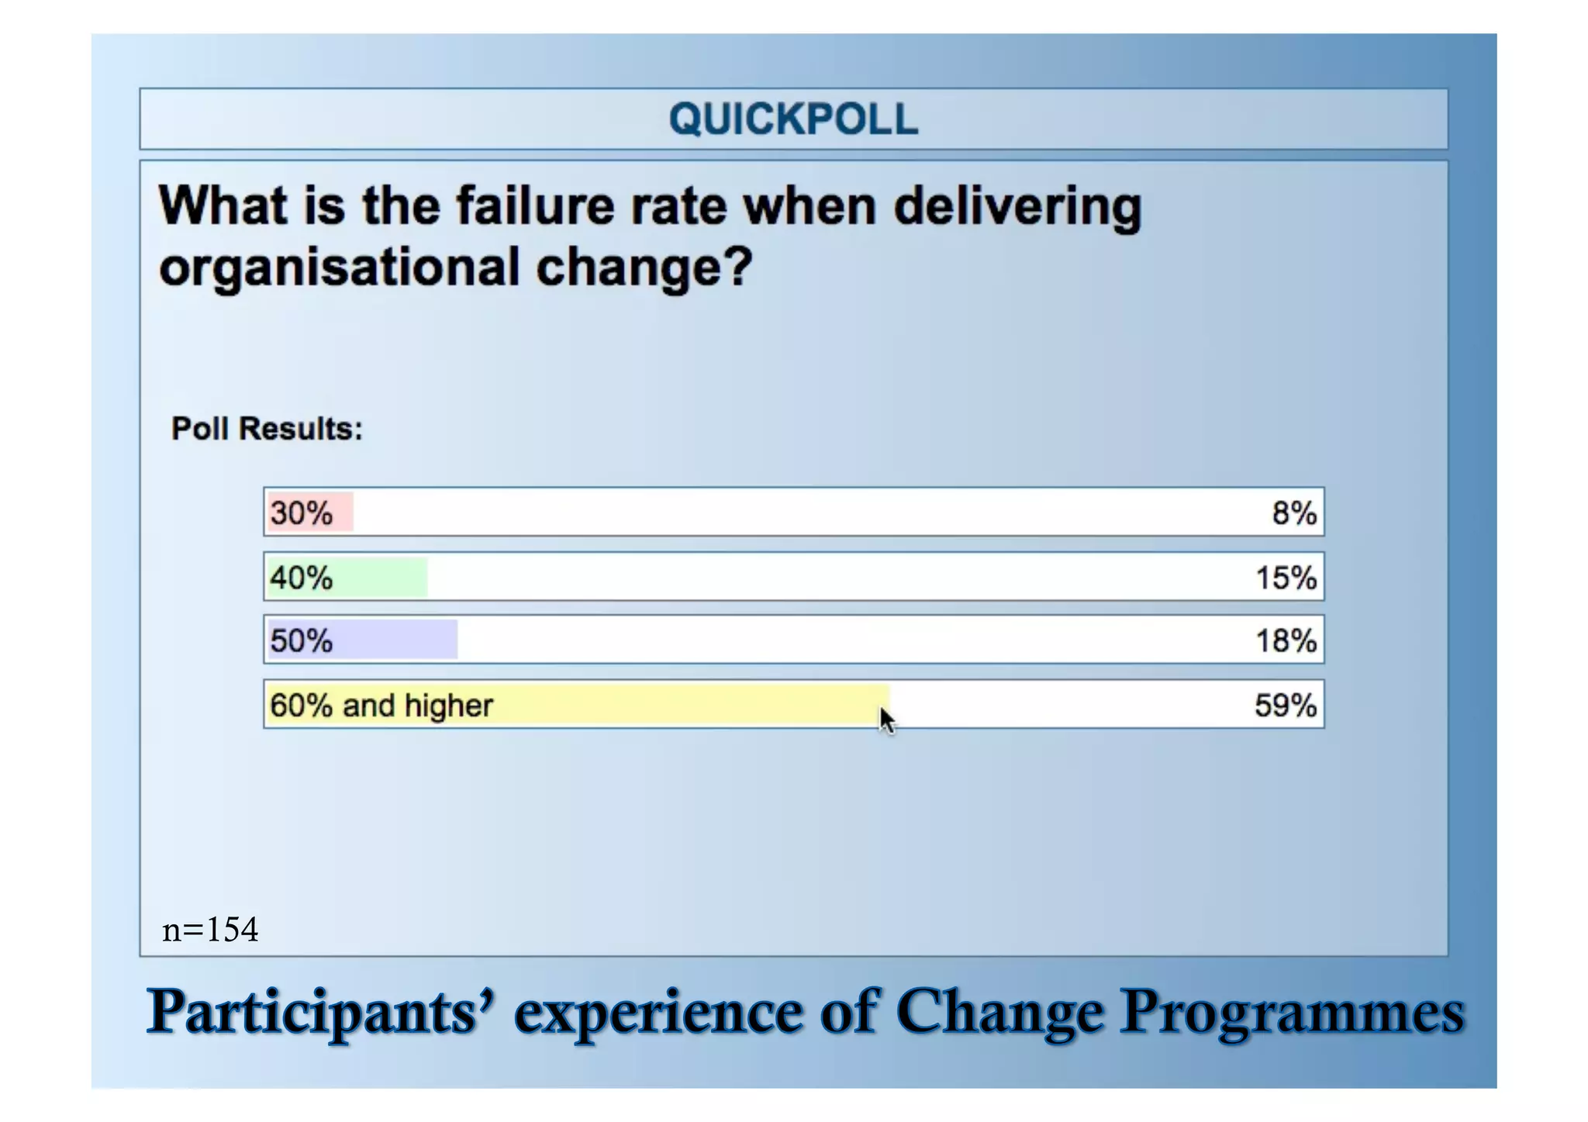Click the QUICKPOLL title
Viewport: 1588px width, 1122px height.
pyautogui.click(x=793, y=119)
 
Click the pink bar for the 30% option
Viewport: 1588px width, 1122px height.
pyautogui.click(x=310, y=513)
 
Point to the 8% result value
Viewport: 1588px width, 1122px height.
pyautogui.click(x=1293, y=513)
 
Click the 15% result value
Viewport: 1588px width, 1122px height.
pyautogui.click(x=1286, y=578)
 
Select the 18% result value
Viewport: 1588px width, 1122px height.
pyautogui.click(x=1286, y=641)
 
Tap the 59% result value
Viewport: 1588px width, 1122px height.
pyautogui.click(x=1285, y=706)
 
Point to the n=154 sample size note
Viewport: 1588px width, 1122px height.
pyautogui.click(x=210, y=929)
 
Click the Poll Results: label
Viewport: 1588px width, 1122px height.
pyautogui.click(x=267, y=429)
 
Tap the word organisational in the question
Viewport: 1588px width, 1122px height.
pyautogui.click(x=339, y=268)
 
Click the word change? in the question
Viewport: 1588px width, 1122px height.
pyautogui.click(x=644, y=268)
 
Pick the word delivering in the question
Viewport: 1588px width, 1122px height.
pyautogui.click(x=1017, y=208)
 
